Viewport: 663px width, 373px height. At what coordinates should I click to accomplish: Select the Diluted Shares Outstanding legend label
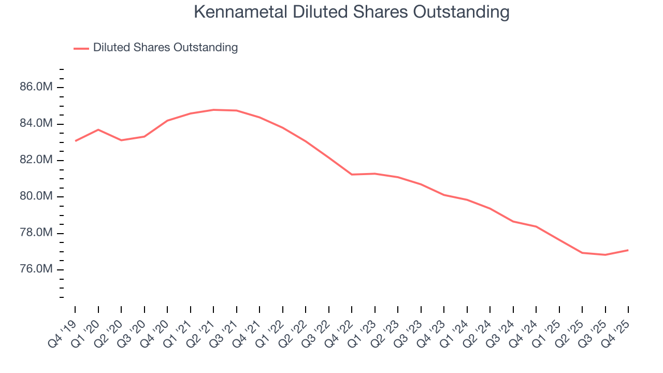(x=165, y=48)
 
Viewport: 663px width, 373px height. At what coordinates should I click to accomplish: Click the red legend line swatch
(x=81, y=48)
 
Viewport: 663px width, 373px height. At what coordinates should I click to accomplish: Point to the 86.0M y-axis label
(x=36, y=87)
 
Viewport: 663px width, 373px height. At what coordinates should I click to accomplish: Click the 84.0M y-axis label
(x=36, y=123)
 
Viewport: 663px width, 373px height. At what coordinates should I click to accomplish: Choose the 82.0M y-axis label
(x=36, y=160)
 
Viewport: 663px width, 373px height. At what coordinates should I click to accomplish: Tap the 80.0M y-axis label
(x=36, y=196)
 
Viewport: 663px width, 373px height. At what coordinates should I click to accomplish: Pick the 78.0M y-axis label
(x=36, y=233)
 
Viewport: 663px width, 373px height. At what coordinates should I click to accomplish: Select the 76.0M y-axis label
(x=36, y=269)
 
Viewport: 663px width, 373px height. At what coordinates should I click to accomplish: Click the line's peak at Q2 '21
(x=213, y=110)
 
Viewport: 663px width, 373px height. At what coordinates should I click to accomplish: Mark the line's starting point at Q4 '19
(x=75, y=141)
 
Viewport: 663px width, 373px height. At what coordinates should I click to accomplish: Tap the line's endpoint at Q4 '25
(x=628, y=250)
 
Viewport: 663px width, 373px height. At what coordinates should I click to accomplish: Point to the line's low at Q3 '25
(x=605, y=255)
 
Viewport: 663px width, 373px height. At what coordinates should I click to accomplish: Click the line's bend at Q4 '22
(x=352, y=175)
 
